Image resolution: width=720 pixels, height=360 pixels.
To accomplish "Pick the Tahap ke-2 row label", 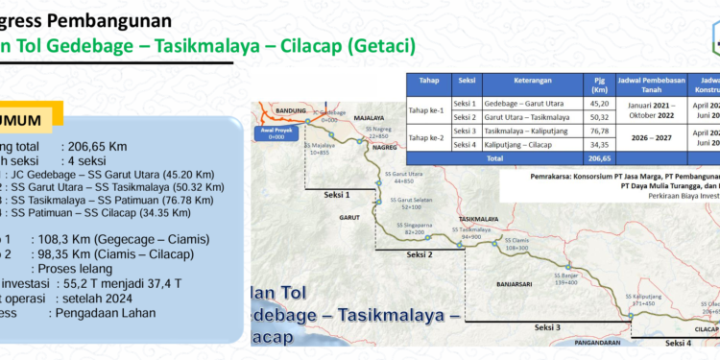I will click(x=429, y=135).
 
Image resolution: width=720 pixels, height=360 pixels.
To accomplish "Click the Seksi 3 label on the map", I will click(x=544, y=327).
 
